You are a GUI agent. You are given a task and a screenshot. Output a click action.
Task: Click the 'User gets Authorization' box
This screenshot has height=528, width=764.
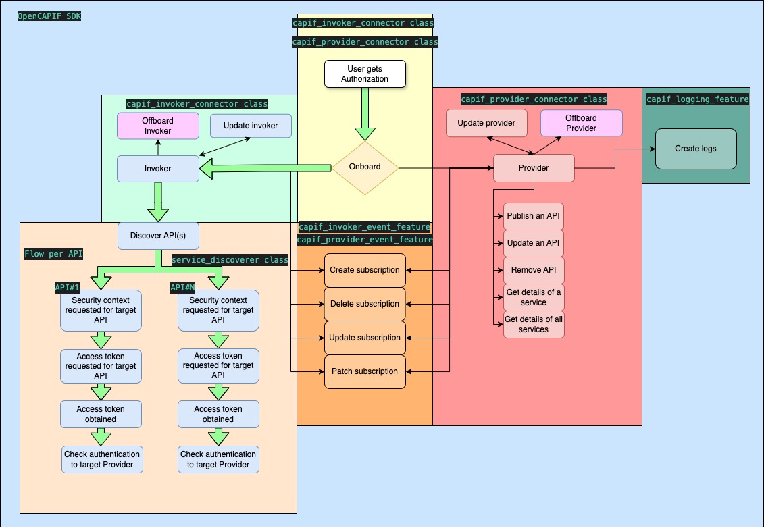click(x=365, y=74)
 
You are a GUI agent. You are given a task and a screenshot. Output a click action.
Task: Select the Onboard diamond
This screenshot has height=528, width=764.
click(x=365, y=167)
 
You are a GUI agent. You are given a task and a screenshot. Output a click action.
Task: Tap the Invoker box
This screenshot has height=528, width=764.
click(x=158, y=169)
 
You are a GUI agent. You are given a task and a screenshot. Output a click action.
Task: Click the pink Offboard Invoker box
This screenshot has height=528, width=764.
click(x=158, y=126)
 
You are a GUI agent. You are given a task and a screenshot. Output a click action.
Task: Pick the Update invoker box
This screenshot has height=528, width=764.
click(x=251, y=126)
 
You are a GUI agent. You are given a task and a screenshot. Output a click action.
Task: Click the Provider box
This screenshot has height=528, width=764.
click(x=534, y=168)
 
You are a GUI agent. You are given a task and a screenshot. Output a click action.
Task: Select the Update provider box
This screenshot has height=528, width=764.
click(x=486, y=123)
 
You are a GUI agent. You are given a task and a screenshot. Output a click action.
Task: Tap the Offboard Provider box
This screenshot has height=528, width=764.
click(x=581, y=123)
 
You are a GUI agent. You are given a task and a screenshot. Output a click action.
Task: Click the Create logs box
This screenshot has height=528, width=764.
click(x=696, y=149)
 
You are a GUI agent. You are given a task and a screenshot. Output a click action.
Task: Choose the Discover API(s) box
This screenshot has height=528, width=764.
click(x=159, y=236)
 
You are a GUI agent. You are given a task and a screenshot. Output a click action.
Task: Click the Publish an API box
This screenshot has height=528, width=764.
click(x=534, y=216)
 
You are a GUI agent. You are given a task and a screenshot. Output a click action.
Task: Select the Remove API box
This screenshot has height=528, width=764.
click(x=534, y=270)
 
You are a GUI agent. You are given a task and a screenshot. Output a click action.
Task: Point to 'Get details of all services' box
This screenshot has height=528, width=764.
click(x=534, y=325)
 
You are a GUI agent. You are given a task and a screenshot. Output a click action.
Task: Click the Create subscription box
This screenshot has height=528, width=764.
click(x=365, y=270)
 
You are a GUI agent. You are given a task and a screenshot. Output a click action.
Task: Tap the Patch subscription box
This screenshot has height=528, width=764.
click(x=365, y=371)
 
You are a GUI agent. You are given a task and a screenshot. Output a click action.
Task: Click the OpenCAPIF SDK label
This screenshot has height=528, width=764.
click(x=49, y=16)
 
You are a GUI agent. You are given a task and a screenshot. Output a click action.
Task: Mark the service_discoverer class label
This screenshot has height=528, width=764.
click(x=230, y=260)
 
